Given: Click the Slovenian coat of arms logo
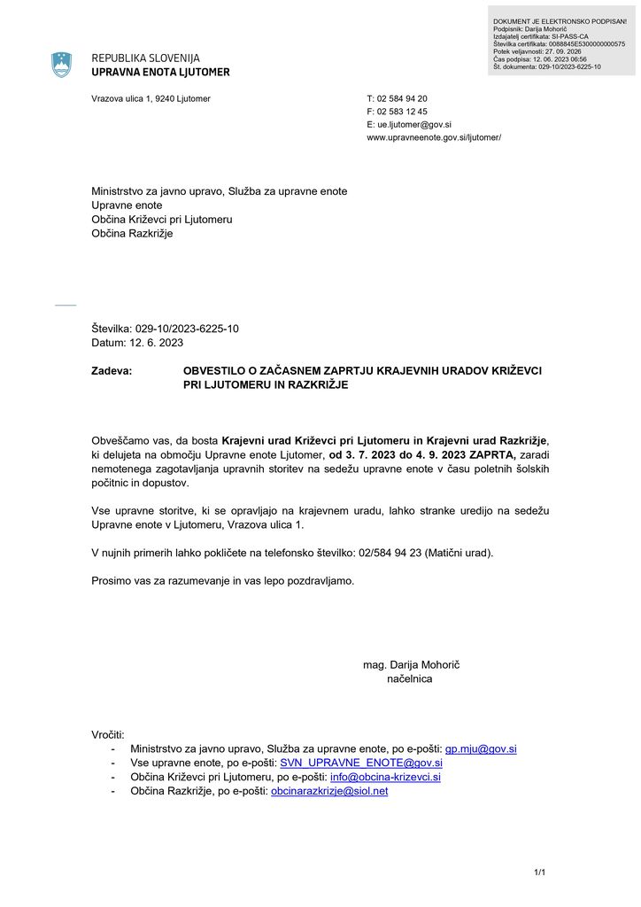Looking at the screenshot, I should point(61,65).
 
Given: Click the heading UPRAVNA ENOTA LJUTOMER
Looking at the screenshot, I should point(160,72).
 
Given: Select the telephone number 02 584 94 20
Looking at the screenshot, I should point(402,98).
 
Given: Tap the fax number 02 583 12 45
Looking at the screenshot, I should point(402,112).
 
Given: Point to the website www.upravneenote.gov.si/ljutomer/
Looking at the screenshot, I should point(434,138).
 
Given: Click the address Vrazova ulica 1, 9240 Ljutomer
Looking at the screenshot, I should point(151,98).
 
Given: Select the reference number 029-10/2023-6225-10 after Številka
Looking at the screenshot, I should point(187,329).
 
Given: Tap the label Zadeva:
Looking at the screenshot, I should point(112,371).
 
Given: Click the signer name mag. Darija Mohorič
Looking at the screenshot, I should point(412,664).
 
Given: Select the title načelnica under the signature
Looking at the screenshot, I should point(410,678).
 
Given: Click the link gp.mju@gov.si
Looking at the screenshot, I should point(480,748).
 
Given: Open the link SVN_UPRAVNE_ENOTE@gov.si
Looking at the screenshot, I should point(360,763).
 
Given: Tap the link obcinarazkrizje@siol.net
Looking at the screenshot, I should point(329,791).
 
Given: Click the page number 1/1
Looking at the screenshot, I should point(539,873).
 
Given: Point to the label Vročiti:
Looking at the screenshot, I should point(108,734).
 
